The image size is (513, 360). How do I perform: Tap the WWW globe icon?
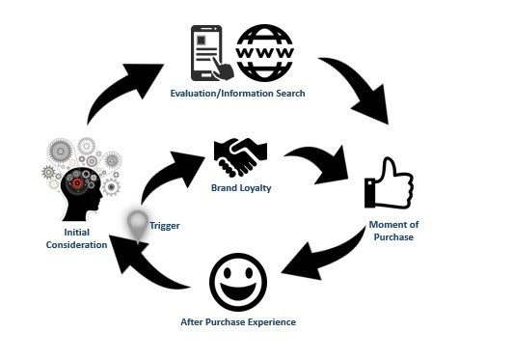pyautogui.click(x=266, y=52)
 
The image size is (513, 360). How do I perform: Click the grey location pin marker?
pyautogui.click(x=139, y=224)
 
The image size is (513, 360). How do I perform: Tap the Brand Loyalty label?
pyautogui.click(x=239, y=187)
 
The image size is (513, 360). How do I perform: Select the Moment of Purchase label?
pyautogui.click(x=392, y=231)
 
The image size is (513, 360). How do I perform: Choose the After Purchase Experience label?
pyautogui.click(x=238, y=321)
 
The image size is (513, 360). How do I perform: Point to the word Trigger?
pyautogui.click(x=165, y=226)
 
